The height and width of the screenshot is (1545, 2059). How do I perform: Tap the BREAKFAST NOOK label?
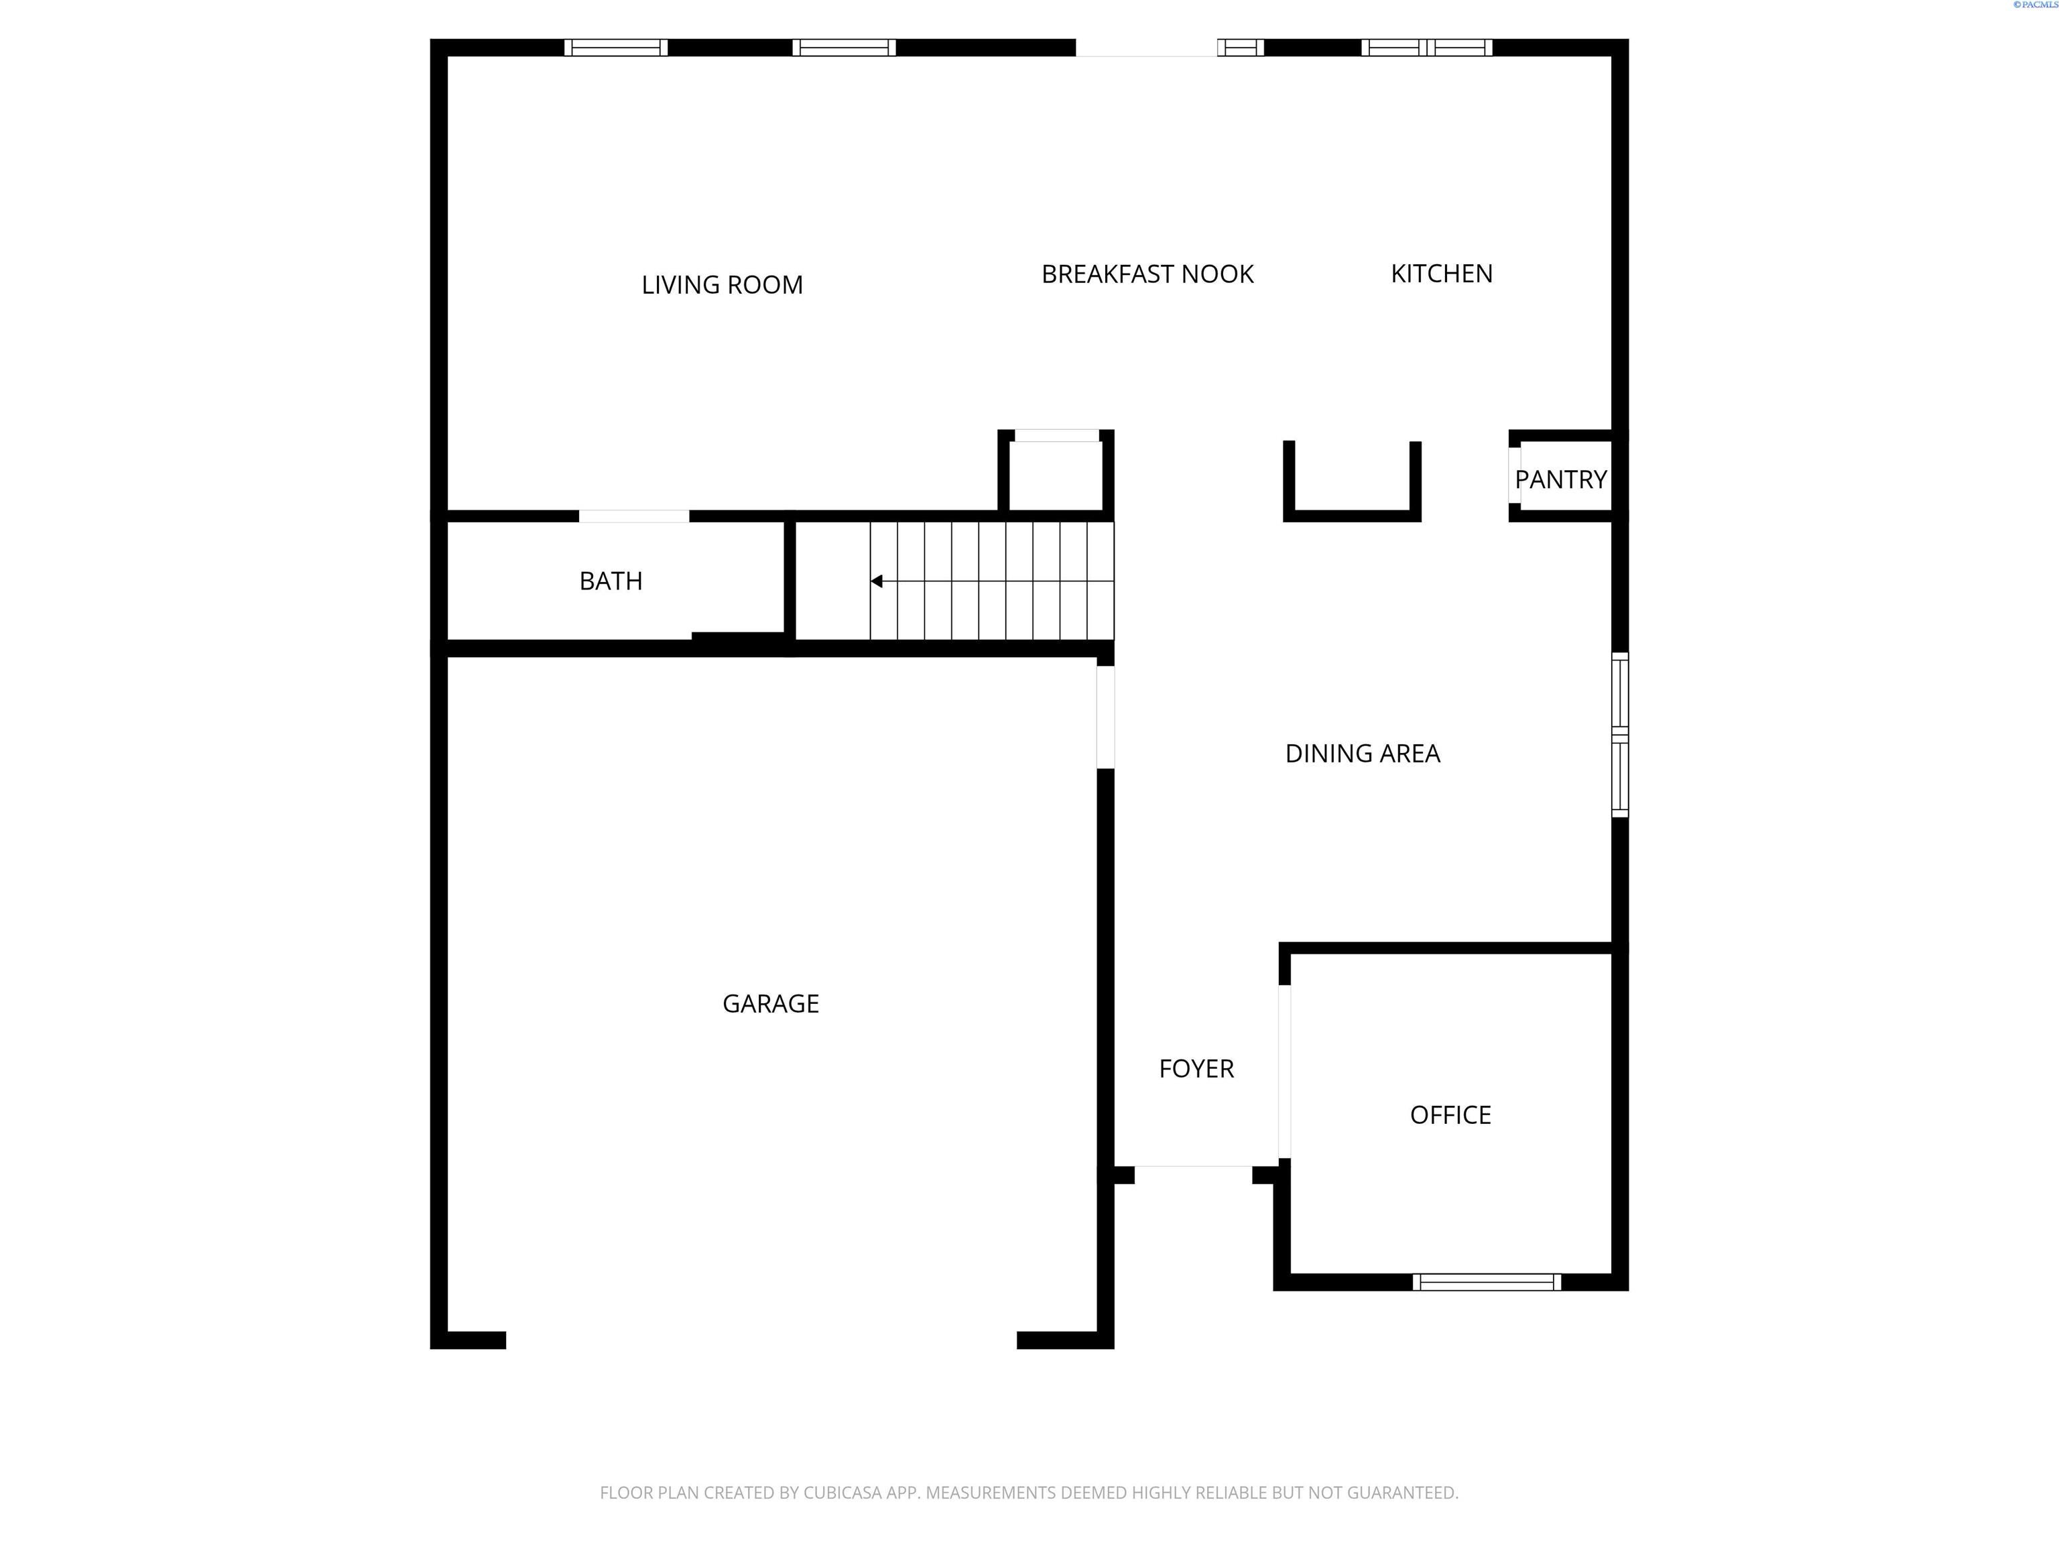1147,274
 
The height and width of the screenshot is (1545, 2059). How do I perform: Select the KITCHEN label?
1441,274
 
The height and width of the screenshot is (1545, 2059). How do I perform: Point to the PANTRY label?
1560,479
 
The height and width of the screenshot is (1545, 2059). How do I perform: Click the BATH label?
611,581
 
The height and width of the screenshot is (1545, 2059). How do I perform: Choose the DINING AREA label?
1362,754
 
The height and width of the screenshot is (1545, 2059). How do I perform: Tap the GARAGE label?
770,1004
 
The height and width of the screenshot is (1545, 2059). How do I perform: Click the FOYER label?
1196,1069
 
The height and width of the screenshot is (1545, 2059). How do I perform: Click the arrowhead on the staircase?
877,581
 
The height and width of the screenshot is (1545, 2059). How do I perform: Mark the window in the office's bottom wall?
1487,1282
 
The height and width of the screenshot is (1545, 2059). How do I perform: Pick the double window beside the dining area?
1619,735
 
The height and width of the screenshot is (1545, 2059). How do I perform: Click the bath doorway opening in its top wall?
634,516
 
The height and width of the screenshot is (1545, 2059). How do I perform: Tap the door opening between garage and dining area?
1105,717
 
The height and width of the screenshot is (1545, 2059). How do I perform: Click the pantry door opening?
1515,476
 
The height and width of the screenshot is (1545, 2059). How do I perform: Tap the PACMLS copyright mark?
2034,5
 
